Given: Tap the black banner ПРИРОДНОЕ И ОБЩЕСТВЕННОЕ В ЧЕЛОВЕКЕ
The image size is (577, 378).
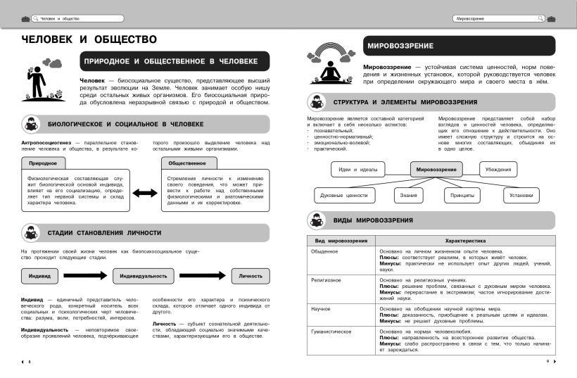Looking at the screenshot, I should (x=171, y=61).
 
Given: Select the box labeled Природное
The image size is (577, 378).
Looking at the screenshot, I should (x=44, y=163).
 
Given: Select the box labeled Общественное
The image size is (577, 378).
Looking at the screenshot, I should (x=188, y=163).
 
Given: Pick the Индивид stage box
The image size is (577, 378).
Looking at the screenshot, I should (x=39, y=275).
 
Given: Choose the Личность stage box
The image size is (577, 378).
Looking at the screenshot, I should (x=250, y=275).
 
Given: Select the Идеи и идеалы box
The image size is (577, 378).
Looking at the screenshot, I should (x=358, y=169).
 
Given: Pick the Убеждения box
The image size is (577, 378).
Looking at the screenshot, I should (x=503, y=169).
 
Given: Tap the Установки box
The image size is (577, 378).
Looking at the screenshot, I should (x=521, y=195).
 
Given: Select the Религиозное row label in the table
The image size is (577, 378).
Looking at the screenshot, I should (x=326, y=279).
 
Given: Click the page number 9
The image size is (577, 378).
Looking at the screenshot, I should (x=547, y=361).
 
